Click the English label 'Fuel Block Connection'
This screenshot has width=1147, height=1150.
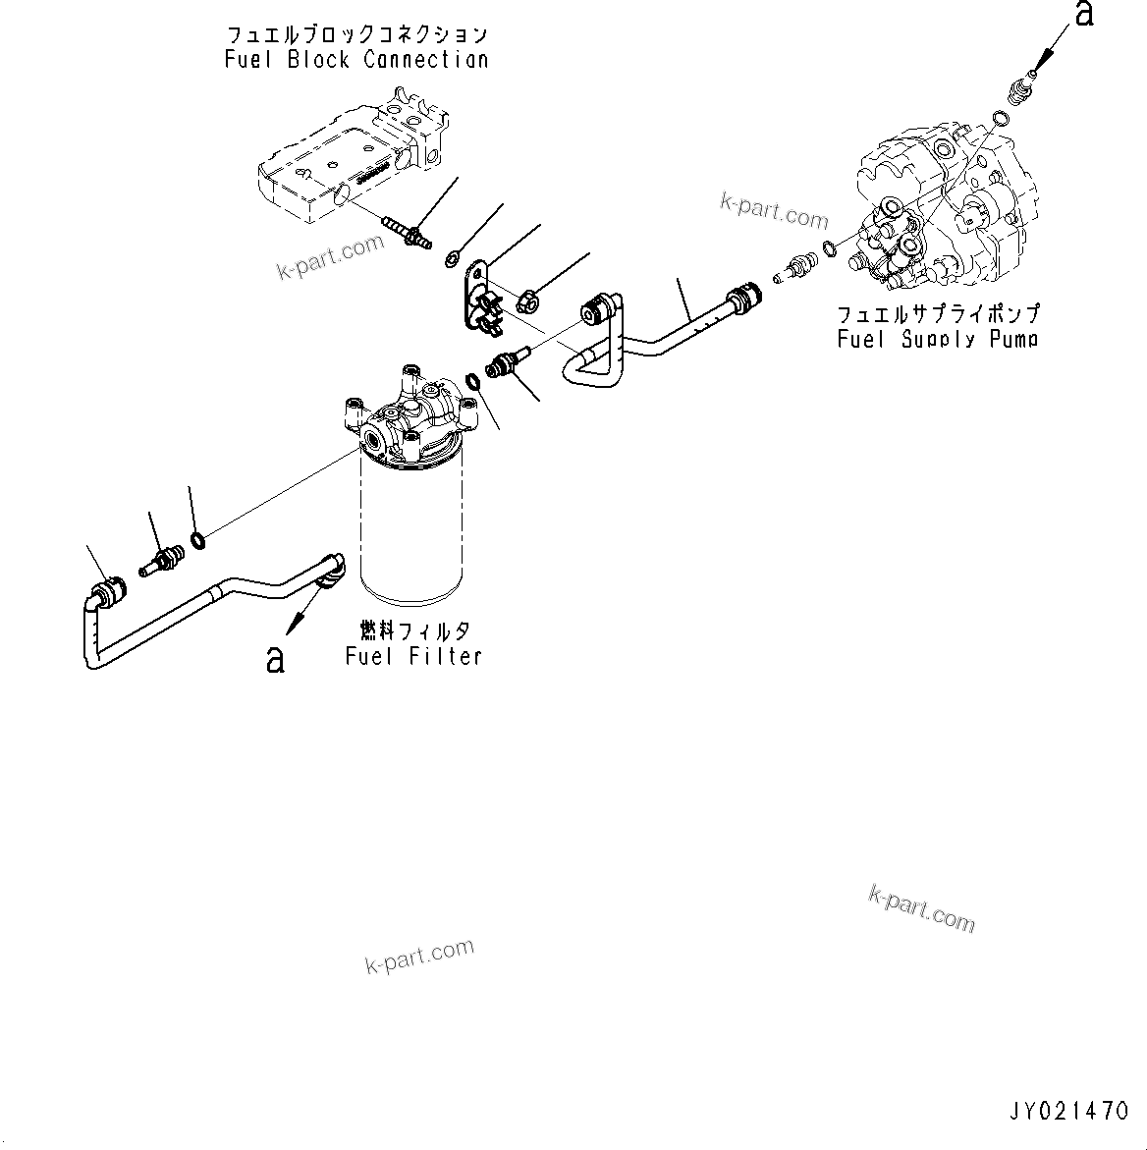(355, 60)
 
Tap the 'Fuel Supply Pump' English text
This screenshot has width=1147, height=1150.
(938, 340)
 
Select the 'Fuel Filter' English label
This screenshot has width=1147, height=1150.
(413, 656)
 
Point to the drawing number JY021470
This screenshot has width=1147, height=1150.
(1068, 1112)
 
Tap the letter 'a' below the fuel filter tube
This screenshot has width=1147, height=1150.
(275, 659)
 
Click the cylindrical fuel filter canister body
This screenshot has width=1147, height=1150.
(410, 530)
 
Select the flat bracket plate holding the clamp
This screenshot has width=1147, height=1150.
(477, 290)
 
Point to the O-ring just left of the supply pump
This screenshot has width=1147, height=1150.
(831, 248)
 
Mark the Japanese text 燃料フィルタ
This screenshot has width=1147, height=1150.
(413, 630)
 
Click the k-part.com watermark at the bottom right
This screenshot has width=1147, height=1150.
(921, 909)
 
